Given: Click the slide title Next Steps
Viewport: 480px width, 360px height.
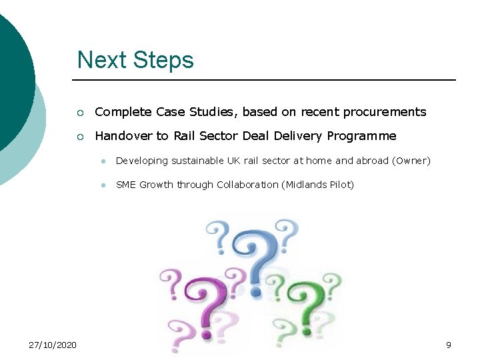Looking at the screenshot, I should (135, 60).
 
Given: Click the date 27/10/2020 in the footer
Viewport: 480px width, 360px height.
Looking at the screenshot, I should (53, 345).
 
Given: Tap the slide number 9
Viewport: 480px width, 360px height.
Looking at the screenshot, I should (449, 345).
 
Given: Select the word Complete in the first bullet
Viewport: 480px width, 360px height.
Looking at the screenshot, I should (123, 112).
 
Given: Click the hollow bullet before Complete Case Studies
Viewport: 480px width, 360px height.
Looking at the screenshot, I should (81, 112).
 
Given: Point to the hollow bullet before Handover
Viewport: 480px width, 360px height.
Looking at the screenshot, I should (81, 137).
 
